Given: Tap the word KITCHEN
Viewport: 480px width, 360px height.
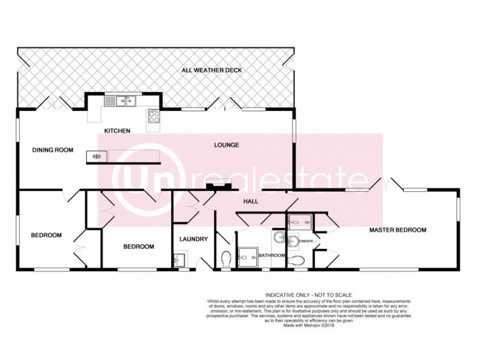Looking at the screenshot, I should pos(117,131).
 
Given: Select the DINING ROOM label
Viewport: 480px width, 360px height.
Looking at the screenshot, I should pos(52,151).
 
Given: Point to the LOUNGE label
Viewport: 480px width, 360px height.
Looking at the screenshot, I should pos(227,145).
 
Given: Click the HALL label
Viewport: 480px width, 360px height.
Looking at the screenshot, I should pos(251,202).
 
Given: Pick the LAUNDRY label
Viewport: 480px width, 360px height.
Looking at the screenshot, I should pos(193,239).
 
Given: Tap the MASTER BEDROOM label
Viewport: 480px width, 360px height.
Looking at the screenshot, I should pos(397,230).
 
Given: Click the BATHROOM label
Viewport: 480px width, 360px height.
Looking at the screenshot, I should pos(271,256).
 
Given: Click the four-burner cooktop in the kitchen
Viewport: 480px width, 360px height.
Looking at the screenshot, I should pos(154,116).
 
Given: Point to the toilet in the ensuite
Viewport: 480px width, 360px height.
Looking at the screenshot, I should pos(296,260).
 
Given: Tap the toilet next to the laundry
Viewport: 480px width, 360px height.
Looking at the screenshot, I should pos(226,259).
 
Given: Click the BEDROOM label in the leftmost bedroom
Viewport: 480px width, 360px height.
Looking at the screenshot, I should pos(46,235).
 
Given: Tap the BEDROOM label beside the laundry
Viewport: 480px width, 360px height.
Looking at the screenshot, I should pos(139,247).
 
